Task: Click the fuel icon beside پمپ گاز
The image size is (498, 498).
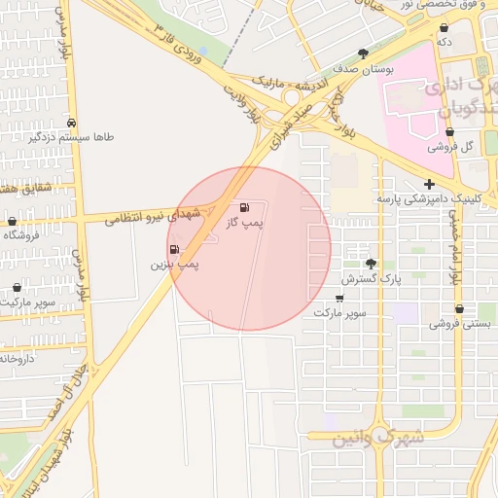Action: [243, 207]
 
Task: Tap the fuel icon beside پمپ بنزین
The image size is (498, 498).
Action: [174, 250]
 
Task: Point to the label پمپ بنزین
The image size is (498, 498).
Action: [174, 265]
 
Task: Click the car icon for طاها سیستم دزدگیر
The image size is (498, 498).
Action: [72, 124]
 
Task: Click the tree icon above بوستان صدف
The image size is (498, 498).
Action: [364, 53]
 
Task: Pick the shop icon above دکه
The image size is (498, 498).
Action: [445, 27]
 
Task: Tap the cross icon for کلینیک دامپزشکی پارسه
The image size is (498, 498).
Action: [429, 184]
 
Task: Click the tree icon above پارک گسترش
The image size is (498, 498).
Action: [371, 264]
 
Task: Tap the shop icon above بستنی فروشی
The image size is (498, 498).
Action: [459, 309]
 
